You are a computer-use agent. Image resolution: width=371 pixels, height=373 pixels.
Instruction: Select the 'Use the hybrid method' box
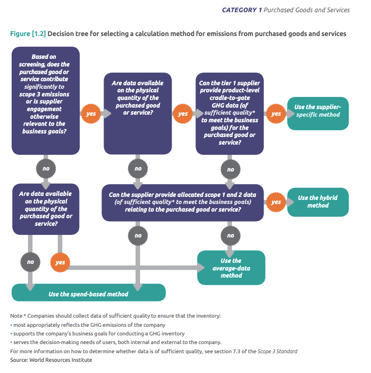317,201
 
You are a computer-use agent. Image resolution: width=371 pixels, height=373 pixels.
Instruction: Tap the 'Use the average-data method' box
231,267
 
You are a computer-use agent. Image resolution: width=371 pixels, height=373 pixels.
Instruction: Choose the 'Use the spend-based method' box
88,294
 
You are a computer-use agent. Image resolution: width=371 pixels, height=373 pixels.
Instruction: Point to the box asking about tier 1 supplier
229,113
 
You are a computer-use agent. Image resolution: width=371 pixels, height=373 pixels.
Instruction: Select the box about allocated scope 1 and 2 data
183,201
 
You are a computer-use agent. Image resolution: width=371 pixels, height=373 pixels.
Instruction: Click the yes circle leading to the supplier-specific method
276,114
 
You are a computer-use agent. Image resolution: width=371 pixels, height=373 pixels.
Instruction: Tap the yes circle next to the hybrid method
276,201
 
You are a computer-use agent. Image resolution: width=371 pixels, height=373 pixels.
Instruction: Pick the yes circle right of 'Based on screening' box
91,114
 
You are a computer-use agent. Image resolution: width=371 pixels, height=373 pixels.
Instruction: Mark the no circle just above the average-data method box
230,235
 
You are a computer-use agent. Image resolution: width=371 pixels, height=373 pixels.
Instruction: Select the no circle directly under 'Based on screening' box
46,168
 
